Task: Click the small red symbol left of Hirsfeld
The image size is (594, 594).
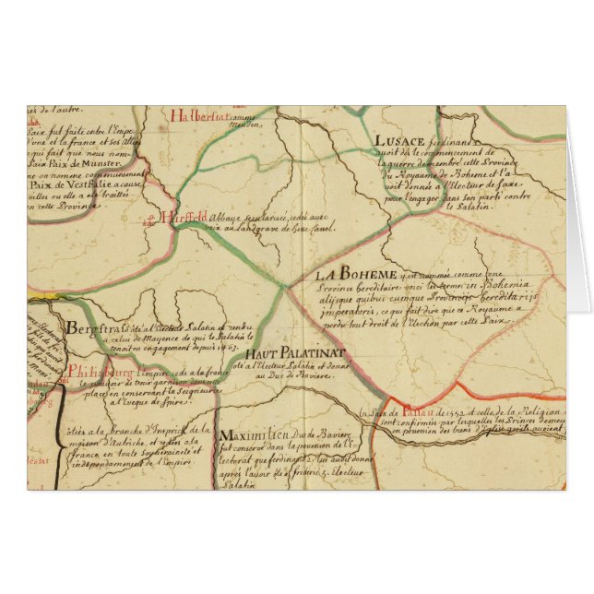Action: pyautogui.click(x=149, y=220)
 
